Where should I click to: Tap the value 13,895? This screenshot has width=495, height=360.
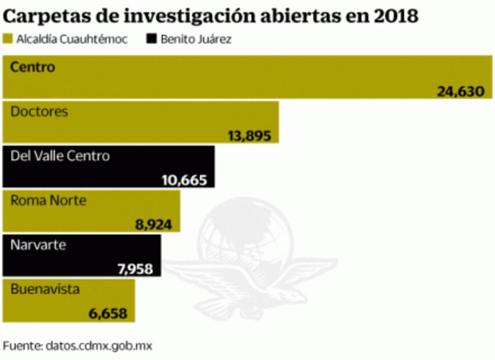pos(250,135)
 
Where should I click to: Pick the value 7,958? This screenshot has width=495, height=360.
pos(134,269)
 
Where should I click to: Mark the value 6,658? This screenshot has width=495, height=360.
pos(112,314)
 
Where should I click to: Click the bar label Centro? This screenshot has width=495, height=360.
pos(33,67)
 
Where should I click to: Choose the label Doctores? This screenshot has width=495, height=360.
pos(39,111)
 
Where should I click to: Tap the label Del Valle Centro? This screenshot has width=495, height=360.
pos(60,156)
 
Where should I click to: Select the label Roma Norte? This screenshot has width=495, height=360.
pos(48,200)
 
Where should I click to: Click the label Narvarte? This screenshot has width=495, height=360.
pos(38,245)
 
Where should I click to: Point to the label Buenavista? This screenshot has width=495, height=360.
pos(45,289)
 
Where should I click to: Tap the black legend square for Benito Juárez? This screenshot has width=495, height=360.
pos(152,39)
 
